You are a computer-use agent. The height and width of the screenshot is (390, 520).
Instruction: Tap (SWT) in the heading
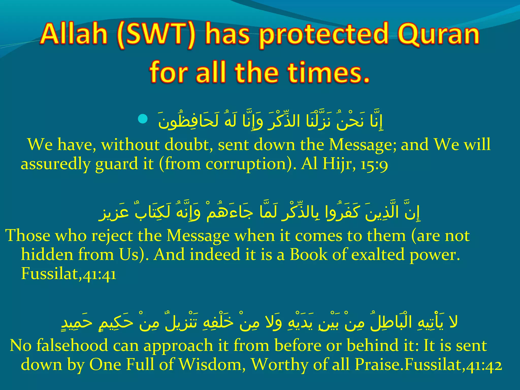click(156, 35)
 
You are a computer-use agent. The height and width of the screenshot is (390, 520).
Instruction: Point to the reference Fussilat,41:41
click(69, 274)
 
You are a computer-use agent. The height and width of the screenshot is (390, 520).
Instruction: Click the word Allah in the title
click(74, 35)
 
